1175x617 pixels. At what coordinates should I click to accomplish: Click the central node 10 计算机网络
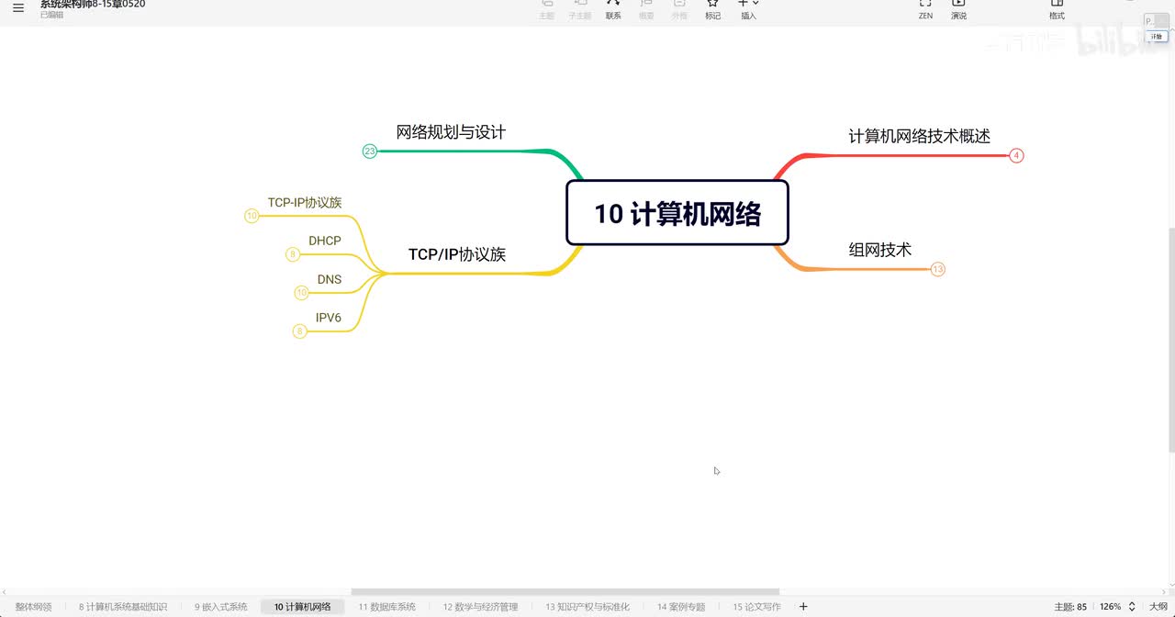[x=677, y=213]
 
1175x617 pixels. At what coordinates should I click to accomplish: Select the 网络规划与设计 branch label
[x=451, y=132]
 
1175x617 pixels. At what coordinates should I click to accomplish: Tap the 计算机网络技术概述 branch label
[x=919, y=137]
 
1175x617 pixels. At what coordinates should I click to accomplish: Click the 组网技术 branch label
[x=879, y=250]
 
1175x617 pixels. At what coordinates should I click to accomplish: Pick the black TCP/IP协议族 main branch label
[x=457, y=255]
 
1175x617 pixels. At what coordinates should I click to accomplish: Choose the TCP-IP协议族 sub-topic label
[x=305, y=203]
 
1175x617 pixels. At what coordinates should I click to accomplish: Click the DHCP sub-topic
[x=324, y=241]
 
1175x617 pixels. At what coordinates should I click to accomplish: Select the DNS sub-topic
[x=329, y=279]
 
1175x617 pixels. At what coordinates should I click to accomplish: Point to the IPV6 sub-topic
[x=328, y=318]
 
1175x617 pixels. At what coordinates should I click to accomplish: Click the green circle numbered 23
[x=370, y=151]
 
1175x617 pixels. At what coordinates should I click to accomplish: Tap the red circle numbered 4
[x=1016, y=156]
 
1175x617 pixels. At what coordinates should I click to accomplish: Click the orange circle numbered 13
[x=937, y=270]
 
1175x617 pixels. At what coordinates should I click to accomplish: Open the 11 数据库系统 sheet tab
[x=386, y=607]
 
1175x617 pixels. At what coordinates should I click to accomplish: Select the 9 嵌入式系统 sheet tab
[x=220, y=607]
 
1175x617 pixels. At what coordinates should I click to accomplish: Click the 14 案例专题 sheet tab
[x=680, y=607]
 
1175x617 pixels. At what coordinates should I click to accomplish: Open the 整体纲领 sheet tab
[x=34, y=607]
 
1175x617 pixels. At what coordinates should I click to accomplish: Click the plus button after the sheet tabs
[x=803, y=607]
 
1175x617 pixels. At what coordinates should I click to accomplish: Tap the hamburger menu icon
[x=18, y=8]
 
